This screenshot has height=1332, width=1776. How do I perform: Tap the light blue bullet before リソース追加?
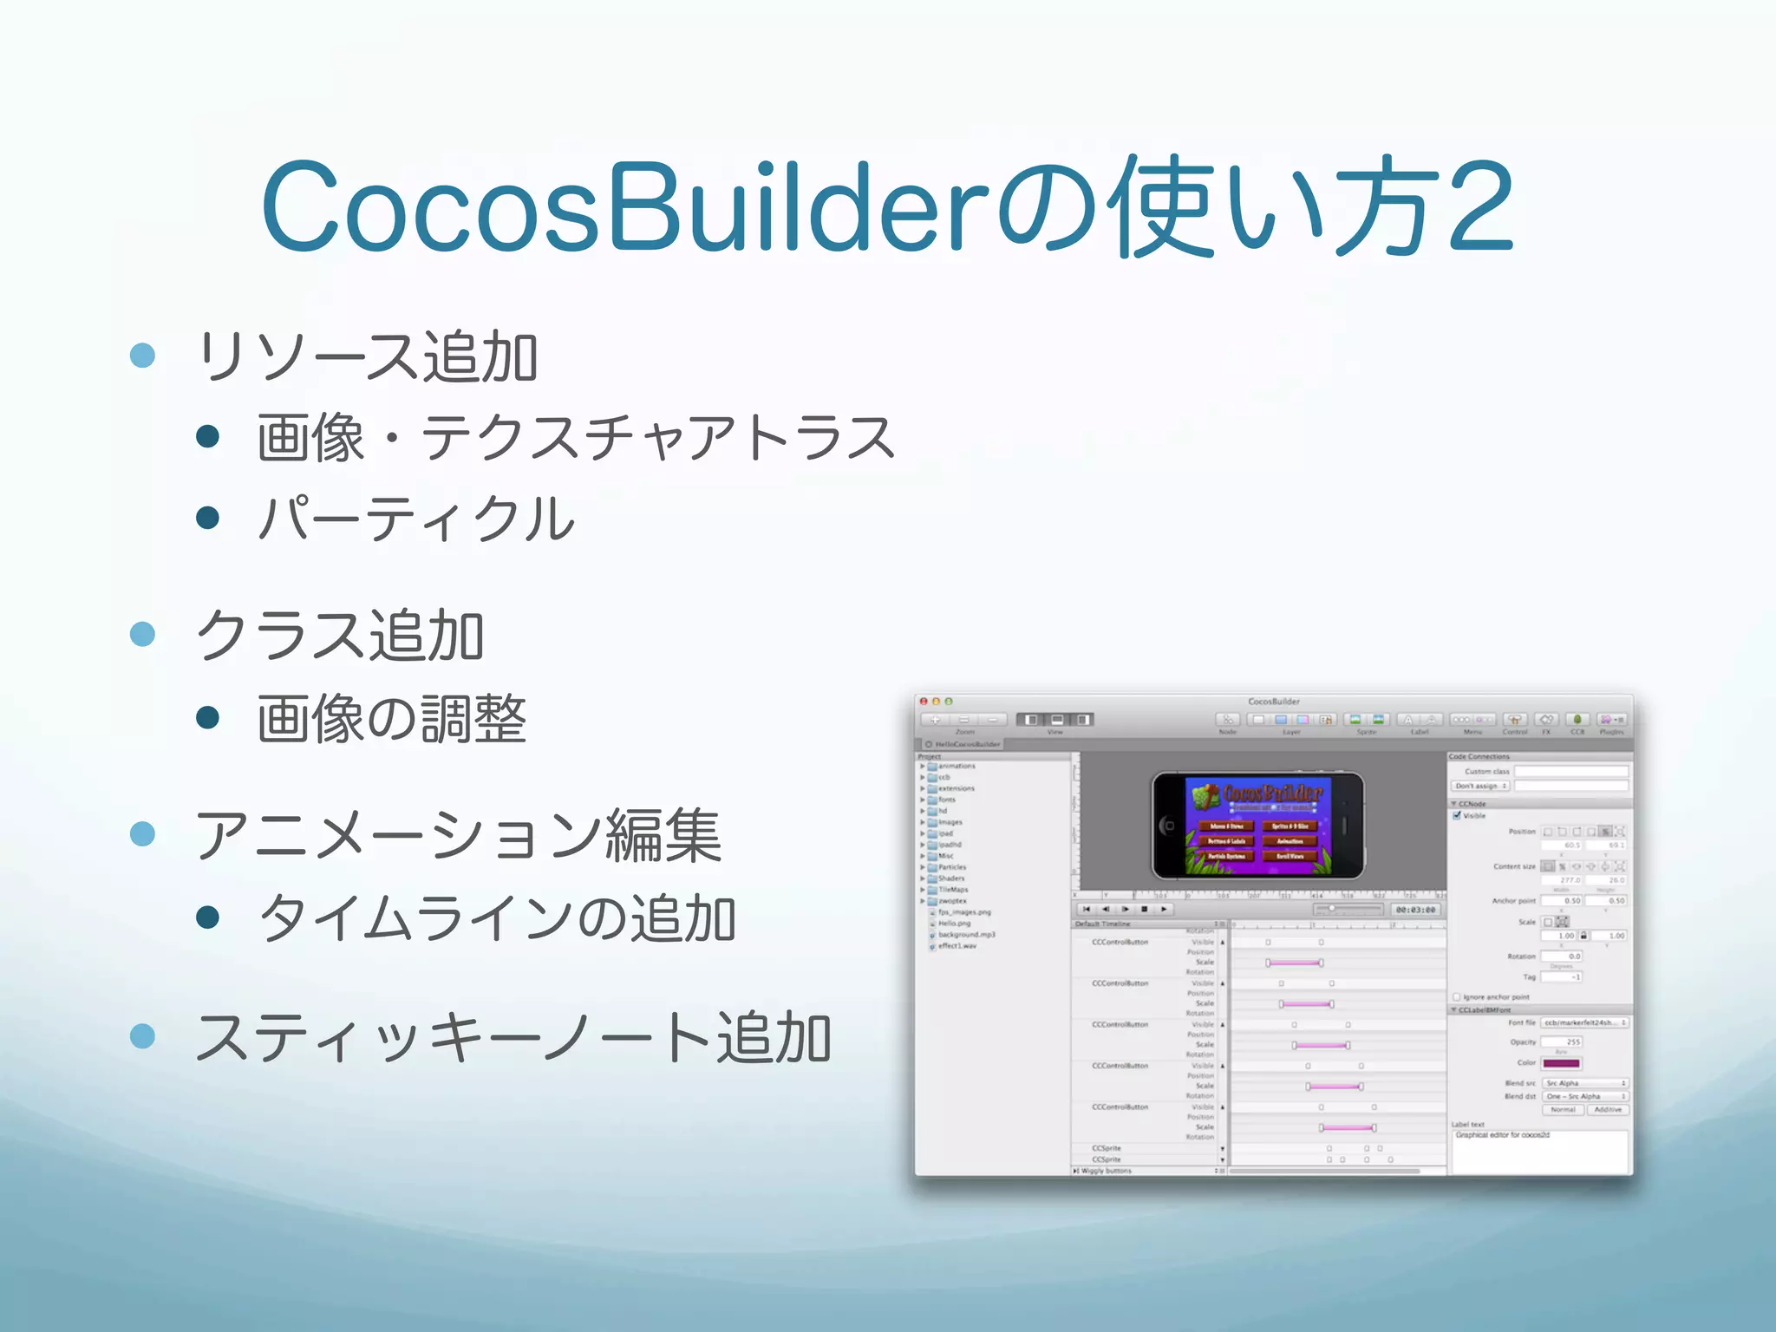(x=142, y=356)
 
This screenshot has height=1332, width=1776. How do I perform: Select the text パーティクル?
(x=416, y=519)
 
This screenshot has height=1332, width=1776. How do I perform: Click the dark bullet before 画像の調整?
(x=207, y=717)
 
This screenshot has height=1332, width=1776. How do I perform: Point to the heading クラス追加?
(x=340, y=636)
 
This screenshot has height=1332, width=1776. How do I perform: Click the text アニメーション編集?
(x=458, y=835)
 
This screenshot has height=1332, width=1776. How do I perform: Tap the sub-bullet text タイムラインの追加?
(x=498, y=918)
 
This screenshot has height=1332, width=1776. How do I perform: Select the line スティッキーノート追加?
(x=513, y=1037)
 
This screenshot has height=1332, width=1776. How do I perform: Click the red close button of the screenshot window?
(x=924, y=701)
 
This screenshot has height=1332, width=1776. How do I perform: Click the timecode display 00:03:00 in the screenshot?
(x=1415, y=910)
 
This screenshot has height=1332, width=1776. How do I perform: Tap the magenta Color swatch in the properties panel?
(x=1561, y=1063)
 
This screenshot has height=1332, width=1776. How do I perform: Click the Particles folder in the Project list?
(x=951, y=867)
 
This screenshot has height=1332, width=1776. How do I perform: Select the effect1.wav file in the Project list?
(x=957, y=946)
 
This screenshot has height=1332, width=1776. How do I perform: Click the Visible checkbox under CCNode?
(x=1457, y=815)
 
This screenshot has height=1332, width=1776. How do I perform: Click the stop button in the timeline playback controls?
(x=1145, y=910)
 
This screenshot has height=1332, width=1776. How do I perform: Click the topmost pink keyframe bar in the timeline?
(x=1294, y=963)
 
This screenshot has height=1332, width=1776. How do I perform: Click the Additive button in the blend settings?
(x=1608, y=1110)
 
